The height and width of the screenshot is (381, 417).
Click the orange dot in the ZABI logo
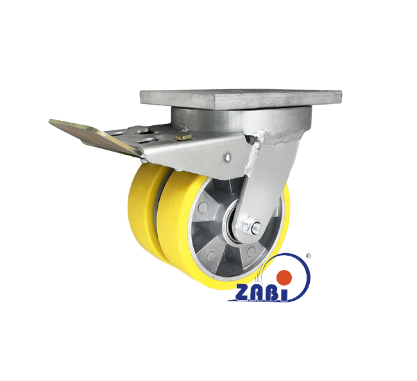click(x=284, y=277)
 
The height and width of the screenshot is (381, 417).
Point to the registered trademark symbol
click(x=309, y=256)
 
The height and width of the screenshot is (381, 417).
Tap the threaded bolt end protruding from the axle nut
click(x=259, y=228)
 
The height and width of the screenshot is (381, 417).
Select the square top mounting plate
click(x=241, y=99)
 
